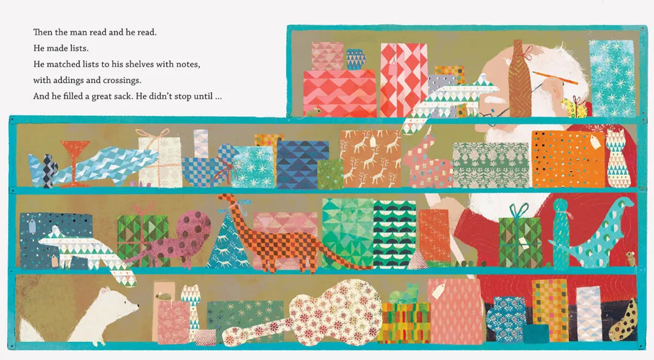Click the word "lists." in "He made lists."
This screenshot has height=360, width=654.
pyautogui.click(x=78, y=48)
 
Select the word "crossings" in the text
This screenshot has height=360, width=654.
pyautogui.click(x=121, y=80)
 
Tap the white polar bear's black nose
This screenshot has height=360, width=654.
pyautogui.click(x=138, y=308)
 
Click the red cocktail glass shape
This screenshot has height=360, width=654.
pyautogui.click(x=75, y=163)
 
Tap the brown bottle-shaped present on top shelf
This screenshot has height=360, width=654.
pyautogui.click(x=520, y=79)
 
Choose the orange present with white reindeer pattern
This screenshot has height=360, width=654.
pyautogui.click(x=370, y=159)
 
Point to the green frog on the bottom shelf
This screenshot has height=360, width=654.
pyautogui.click(x=404, y=294)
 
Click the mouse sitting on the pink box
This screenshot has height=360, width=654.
pyautogui.click(x=163, y=296)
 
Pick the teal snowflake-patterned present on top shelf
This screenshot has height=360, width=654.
pyautogui.click(x=611, y=78)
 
